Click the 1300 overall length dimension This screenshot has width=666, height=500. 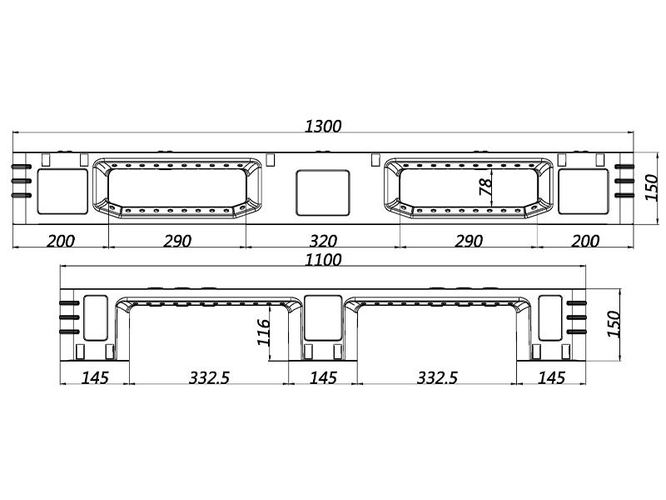pos(323,127)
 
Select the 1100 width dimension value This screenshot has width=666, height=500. pos(323,260)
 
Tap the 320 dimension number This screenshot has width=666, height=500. pos(323,241)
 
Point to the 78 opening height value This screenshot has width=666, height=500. pos(486,187)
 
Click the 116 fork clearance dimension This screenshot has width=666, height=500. pos(263,332)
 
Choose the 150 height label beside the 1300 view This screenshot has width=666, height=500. pos(651,187)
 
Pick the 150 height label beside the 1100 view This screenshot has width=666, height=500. pos(614,324)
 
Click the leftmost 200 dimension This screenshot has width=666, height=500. pos(60,241)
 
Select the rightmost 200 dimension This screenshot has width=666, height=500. pos(585,241)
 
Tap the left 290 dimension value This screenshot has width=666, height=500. pos(177,241)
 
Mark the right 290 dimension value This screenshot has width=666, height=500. pos(469,241)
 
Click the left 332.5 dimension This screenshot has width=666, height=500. pos(209,377)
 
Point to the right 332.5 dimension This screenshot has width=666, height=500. pos(437,377)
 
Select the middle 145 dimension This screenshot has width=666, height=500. pos(323,377)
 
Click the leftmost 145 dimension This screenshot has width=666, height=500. pos(95,377)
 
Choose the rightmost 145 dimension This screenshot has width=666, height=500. pos(551,377)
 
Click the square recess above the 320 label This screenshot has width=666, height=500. pos(323,192)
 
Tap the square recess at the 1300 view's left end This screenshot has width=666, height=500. pos(62,192)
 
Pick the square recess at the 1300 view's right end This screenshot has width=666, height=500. pos(584,192)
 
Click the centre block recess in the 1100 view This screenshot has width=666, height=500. pos(323,318)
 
